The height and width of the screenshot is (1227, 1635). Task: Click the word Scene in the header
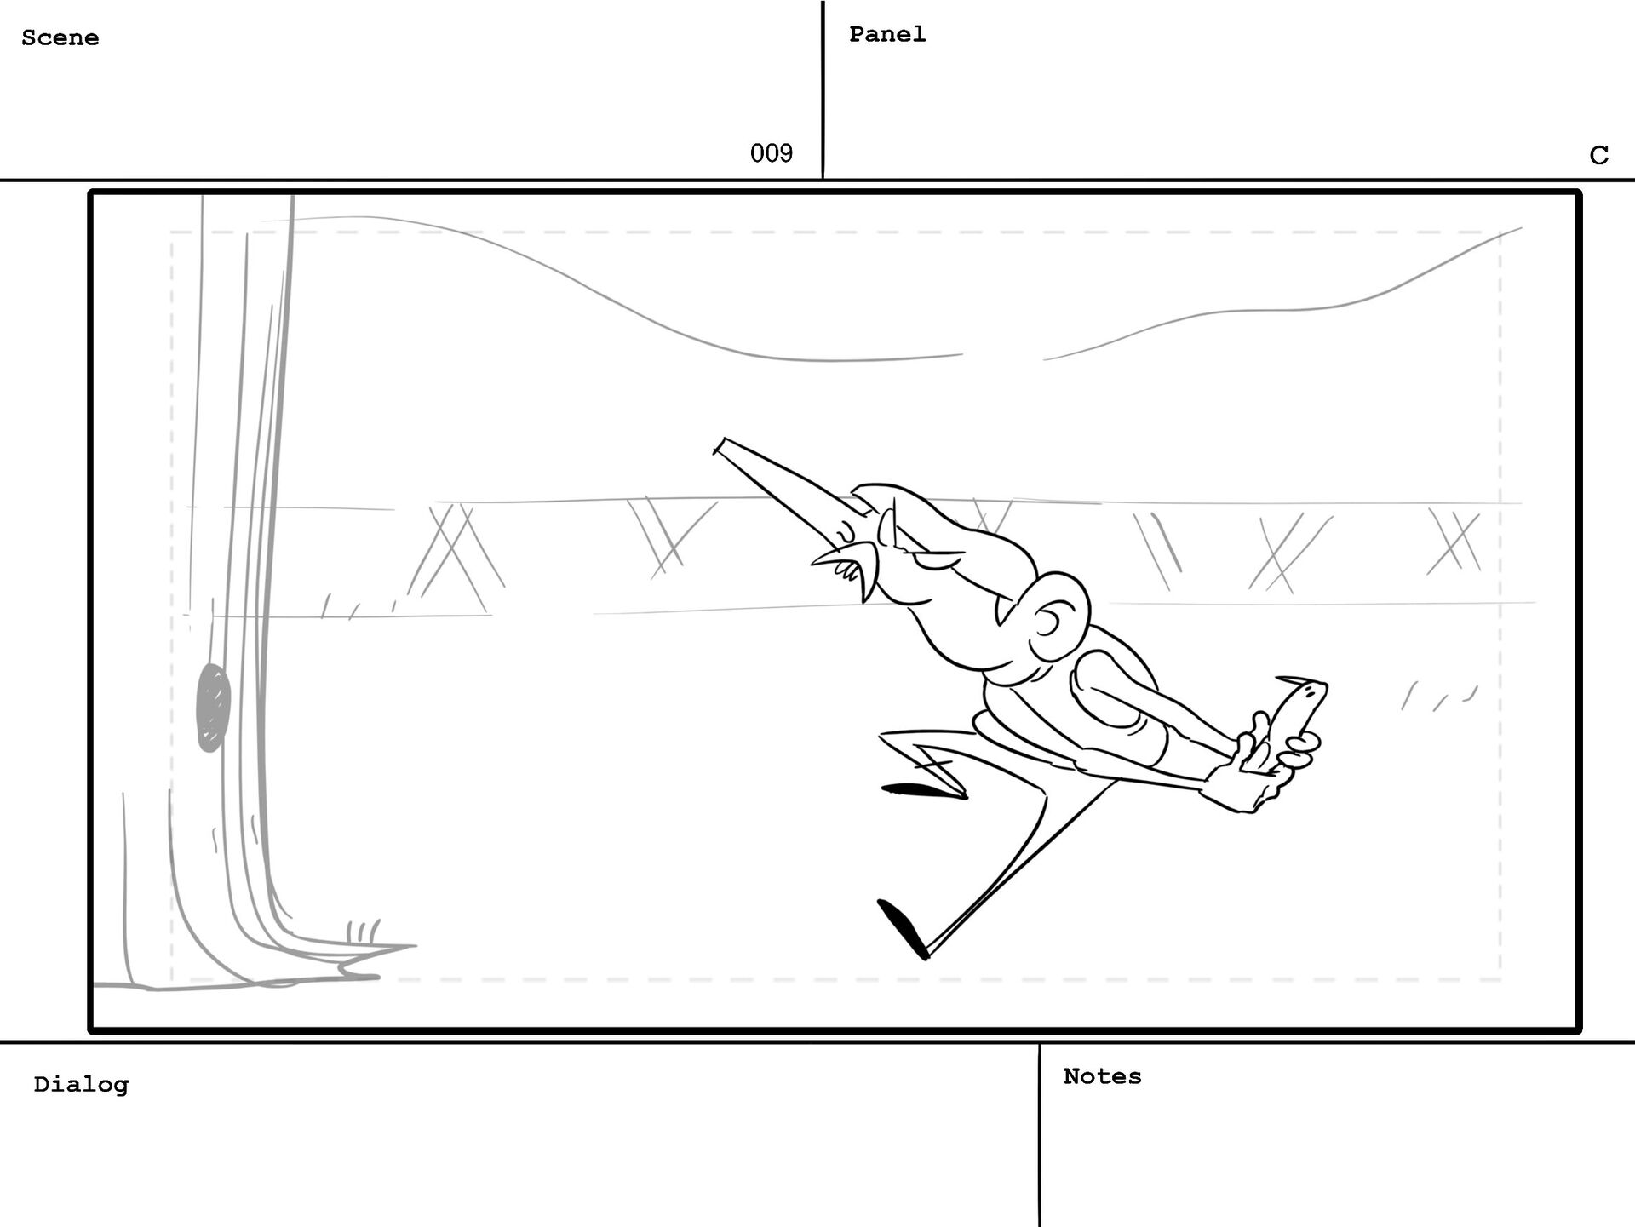60,37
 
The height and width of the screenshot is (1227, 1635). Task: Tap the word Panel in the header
886,34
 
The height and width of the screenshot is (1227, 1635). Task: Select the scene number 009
771,153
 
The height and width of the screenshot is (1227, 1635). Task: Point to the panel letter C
1598,155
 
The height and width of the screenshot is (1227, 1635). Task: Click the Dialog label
81,1084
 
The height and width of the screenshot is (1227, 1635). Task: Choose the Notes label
1102,1076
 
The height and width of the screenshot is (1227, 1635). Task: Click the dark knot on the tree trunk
213,707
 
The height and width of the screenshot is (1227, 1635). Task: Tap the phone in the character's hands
1294,715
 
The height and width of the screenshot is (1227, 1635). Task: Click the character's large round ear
1056,613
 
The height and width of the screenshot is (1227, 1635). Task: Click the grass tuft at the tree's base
364,930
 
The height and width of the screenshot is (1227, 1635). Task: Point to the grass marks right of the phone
1439,697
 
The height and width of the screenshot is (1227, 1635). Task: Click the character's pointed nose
826,558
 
